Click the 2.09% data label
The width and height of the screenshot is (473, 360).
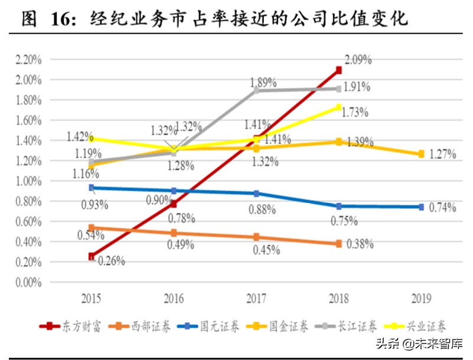tap(358, 60)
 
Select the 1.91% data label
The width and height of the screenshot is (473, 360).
tap(357, 87)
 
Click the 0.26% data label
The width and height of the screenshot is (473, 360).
tap(111, 261)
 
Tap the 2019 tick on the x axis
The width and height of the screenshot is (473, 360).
tap(421, 299)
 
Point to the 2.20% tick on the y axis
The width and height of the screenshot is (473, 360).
tap(28, 60)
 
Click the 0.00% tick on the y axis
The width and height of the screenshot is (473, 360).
tap(28, 282)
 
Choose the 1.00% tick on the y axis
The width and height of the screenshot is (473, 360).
tap(28, 181)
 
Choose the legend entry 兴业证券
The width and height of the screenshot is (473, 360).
tap(422, 326)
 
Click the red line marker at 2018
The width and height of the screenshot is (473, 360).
tap(338, 70)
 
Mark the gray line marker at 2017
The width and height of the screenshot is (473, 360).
tap(256, 91)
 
